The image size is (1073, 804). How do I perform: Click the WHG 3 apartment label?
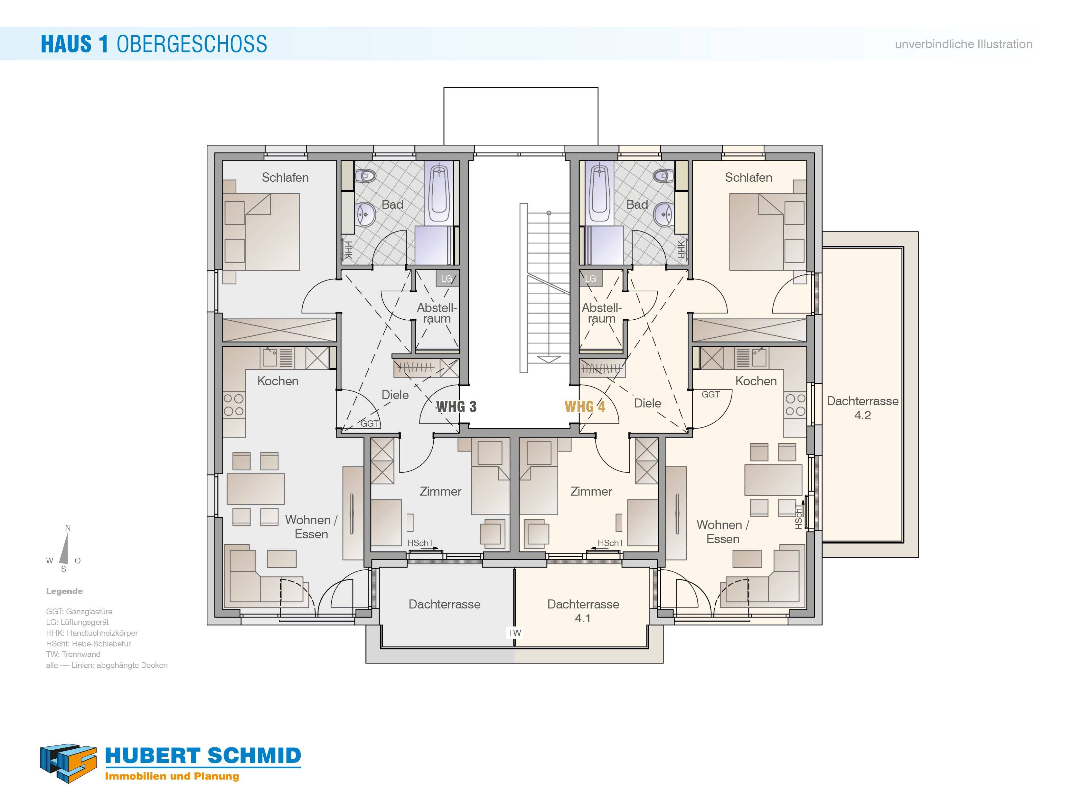point(456,407)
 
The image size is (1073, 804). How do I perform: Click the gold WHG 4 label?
point(585,407)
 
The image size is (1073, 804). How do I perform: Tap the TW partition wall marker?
point(514,633)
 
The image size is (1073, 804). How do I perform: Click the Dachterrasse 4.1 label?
point(583,611)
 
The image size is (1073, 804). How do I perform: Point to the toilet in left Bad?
point(365,176)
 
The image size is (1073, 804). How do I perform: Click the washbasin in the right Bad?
point(663,214)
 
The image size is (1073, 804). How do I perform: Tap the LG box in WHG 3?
point(446,279)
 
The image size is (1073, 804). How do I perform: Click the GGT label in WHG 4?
point(710,395)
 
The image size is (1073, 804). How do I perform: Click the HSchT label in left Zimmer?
point(420,543)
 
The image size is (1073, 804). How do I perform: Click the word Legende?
point(64,591)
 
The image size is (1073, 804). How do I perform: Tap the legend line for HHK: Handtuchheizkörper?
point(92,633)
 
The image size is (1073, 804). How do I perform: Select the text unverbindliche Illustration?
point(963,44)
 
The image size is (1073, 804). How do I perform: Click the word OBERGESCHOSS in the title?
point(192,44)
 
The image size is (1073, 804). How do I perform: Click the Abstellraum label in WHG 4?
point(601,313)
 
